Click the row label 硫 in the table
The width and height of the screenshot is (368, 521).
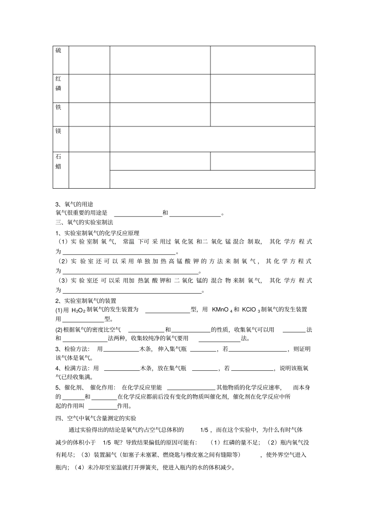pos(58,51)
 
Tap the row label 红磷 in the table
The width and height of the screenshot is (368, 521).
pos(58,84)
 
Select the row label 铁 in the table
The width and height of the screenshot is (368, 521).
pos(58,107)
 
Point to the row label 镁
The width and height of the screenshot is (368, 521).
pos(58,131)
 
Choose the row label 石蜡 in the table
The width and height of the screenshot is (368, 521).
pos(58,162)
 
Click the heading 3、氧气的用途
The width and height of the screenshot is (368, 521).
pos(74,204)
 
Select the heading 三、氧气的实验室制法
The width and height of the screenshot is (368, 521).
pos(84,222)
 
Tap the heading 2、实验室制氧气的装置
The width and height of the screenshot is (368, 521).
pos(86,301)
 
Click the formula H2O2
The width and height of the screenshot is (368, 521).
pos(78,310)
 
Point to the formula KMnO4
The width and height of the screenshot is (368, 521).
pos(222,310)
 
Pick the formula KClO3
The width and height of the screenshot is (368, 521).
pos(251,310)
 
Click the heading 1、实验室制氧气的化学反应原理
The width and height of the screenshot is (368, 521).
pos(97,233)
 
